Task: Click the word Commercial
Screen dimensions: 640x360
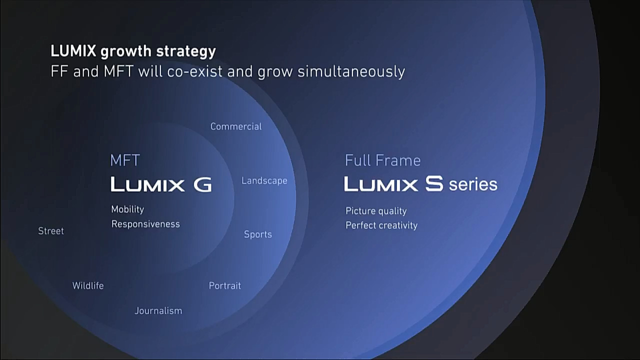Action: click(236, 126)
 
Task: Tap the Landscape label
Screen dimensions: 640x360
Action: click(264, 181)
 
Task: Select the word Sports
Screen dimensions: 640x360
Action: click(257, 234)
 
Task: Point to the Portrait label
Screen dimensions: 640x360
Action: click(225, 285)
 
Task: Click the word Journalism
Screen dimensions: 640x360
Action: click(158, 310)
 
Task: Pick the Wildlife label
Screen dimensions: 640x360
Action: click(88, 285)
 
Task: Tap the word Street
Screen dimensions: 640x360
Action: click(51, 231)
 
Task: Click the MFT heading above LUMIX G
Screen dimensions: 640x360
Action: click(125, 160)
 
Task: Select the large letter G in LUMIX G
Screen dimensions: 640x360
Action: click(202, 184)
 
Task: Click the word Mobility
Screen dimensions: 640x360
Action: click(127, 209)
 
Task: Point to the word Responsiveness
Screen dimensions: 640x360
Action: click(145, 224)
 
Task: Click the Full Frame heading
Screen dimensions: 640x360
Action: click(383, 160)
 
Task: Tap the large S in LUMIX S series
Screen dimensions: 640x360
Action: click(434, 183)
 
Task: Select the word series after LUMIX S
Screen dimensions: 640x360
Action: click(473, 184)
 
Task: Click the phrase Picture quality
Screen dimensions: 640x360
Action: click(376, 211)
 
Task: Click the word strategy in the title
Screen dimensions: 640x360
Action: click(186, 51)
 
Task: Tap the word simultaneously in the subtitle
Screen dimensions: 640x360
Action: click(351, 71)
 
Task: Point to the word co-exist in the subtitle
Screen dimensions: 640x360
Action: click(194, 71)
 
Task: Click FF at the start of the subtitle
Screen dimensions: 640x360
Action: click(59, 71)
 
